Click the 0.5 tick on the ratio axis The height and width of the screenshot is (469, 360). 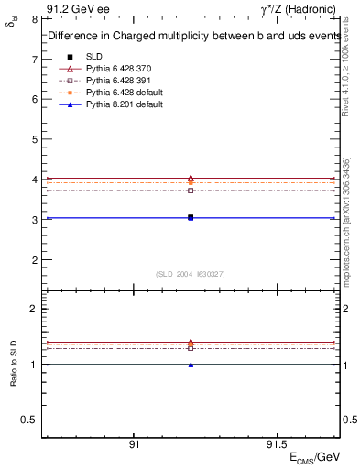tap(30, 420)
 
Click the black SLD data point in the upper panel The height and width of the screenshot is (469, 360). tap(191, 217)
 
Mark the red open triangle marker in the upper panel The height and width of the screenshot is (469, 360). tap(191, 179)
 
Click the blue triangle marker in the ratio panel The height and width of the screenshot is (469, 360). tap(191, 365)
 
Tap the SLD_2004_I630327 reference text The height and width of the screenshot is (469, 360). tap(191, 273)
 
